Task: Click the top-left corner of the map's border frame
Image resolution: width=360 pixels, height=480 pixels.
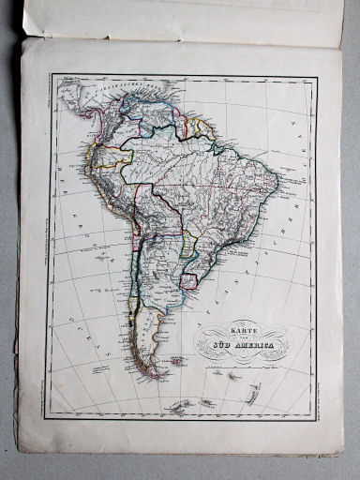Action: pyautogui.click(x=52, y=76)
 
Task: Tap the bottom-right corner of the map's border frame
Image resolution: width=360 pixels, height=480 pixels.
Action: pyautogui.click(x=317, y=417)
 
